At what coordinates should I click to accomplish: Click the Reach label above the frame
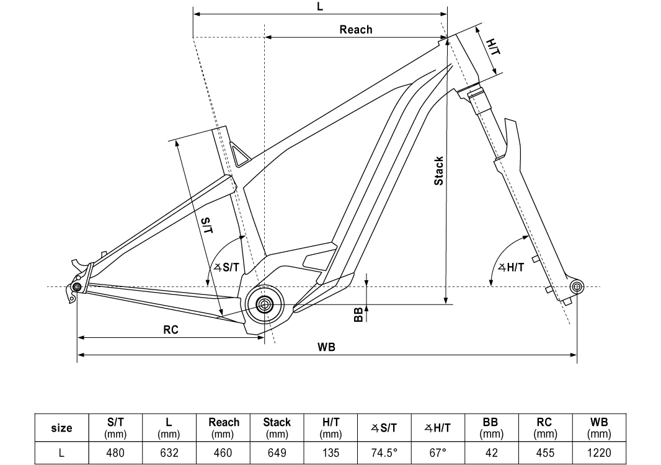(356, 29)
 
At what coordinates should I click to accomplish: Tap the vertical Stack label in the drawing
(438, 170)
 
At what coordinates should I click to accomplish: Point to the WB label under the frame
(327, 347)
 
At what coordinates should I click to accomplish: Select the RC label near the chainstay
(171, 330)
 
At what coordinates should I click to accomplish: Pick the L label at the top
(321, 7)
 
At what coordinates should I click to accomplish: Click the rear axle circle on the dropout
(77, 287)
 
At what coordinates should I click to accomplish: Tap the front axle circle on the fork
(577, 286)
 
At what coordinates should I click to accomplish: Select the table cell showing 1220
(599, 453)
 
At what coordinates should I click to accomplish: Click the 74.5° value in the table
(384, 453)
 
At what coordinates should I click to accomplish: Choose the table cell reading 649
(277, 453)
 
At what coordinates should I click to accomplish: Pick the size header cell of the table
(61, 428)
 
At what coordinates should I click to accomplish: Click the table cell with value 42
(492, 453)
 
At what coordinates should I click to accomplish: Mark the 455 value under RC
(545, 453)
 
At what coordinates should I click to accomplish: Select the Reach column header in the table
(223, 427)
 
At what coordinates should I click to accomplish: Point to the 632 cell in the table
(169, 453)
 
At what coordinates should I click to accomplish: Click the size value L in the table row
(61, 453)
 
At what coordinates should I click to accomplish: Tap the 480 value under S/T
(115, 453)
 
